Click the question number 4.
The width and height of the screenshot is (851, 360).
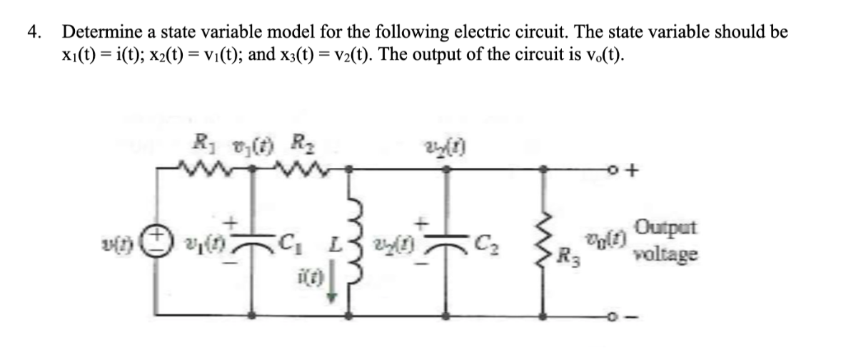[x=32, y=33]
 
